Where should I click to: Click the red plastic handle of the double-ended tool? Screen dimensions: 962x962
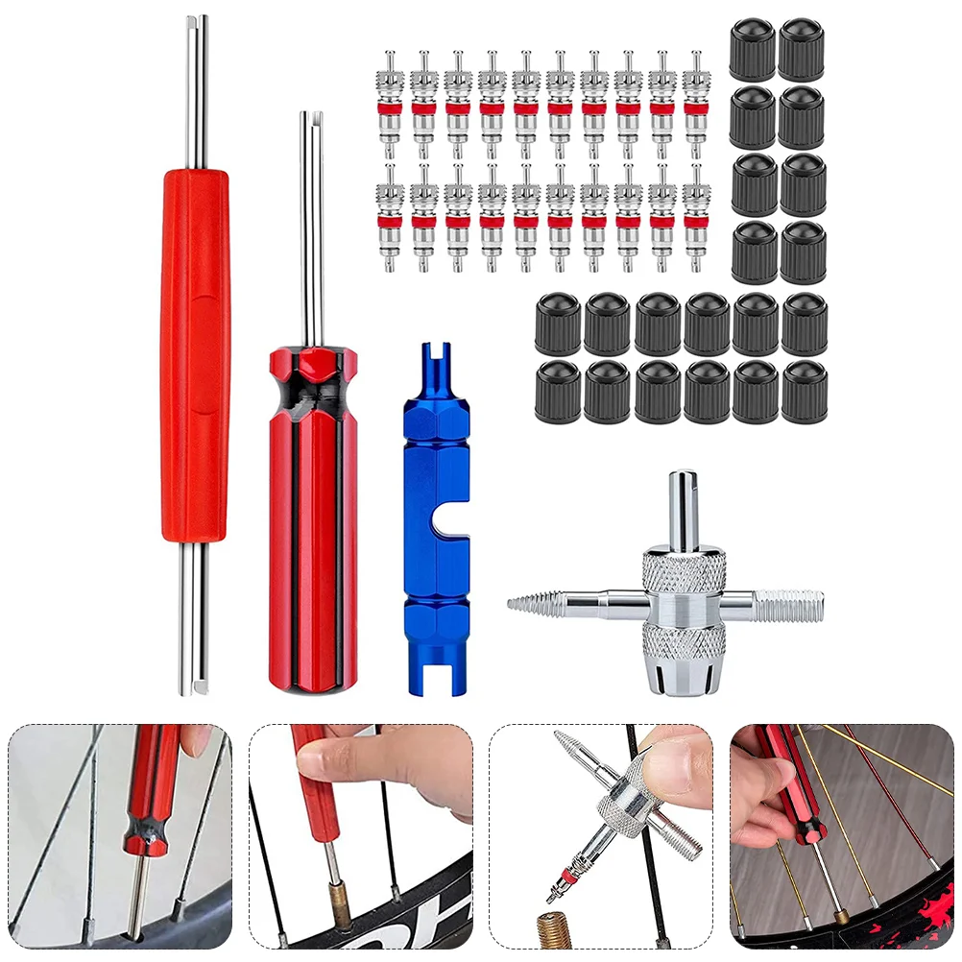click(x=196, y=355)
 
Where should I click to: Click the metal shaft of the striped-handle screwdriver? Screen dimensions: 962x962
click(x=311, y=230)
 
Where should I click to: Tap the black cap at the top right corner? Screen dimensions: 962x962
click(x=802, y=48)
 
